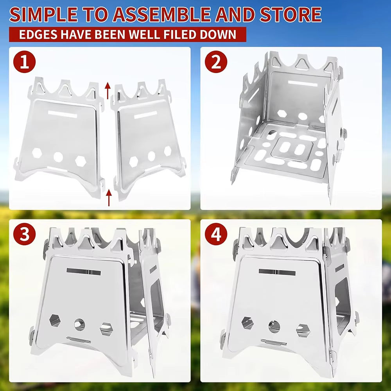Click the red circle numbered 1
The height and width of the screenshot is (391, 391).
[x=25, y=63]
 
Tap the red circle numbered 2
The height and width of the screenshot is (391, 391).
[x=216, y=63]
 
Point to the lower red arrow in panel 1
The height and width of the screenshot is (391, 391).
[x=109, y=197]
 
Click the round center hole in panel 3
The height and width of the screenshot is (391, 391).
[x=79, y=324]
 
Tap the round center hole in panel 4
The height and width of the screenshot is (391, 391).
[x=274, y=325]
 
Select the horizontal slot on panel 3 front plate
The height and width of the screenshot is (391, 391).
[x=83, y=271]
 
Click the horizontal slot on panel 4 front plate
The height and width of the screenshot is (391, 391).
[x=277, y=272]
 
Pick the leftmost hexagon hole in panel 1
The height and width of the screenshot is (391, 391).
[x=37, y=153]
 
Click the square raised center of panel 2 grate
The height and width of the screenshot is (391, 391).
[x=292, y=149]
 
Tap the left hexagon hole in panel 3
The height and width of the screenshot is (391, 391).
[x=55, y=320]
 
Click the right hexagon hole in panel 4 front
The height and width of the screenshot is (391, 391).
[x=302, y=330]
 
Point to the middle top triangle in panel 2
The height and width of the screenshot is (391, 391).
[x=303, y=63]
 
